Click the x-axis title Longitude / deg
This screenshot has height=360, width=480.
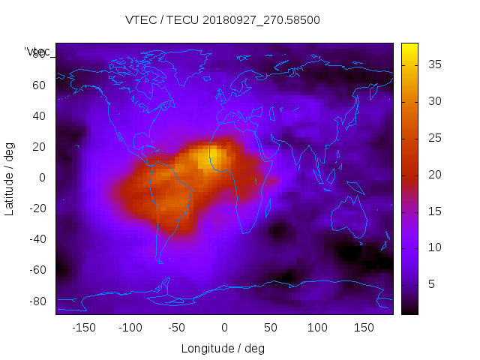tap(223, 348)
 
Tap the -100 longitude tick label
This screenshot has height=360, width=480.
tap(130, 328)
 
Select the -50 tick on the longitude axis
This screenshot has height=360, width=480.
tap(177, 328)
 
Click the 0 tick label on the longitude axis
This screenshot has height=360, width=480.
tap(223, 328)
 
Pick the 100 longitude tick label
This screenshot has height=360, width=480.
tap(317, 328)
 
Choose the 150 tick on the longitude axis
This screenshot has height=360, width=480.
tap(364, 328)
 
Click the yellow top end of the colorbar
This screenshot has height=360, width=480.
tap(409, 47)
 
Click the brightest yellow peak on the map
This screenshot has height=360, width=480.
tap(214, 155)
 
